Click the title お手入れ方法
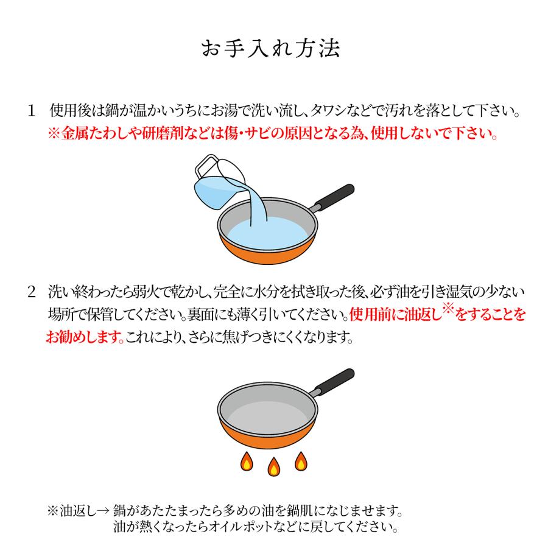[x=273, y=49]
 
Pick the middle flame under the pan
[x=273, y=467]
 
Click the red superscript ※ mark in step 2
[x=449, y=310]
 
